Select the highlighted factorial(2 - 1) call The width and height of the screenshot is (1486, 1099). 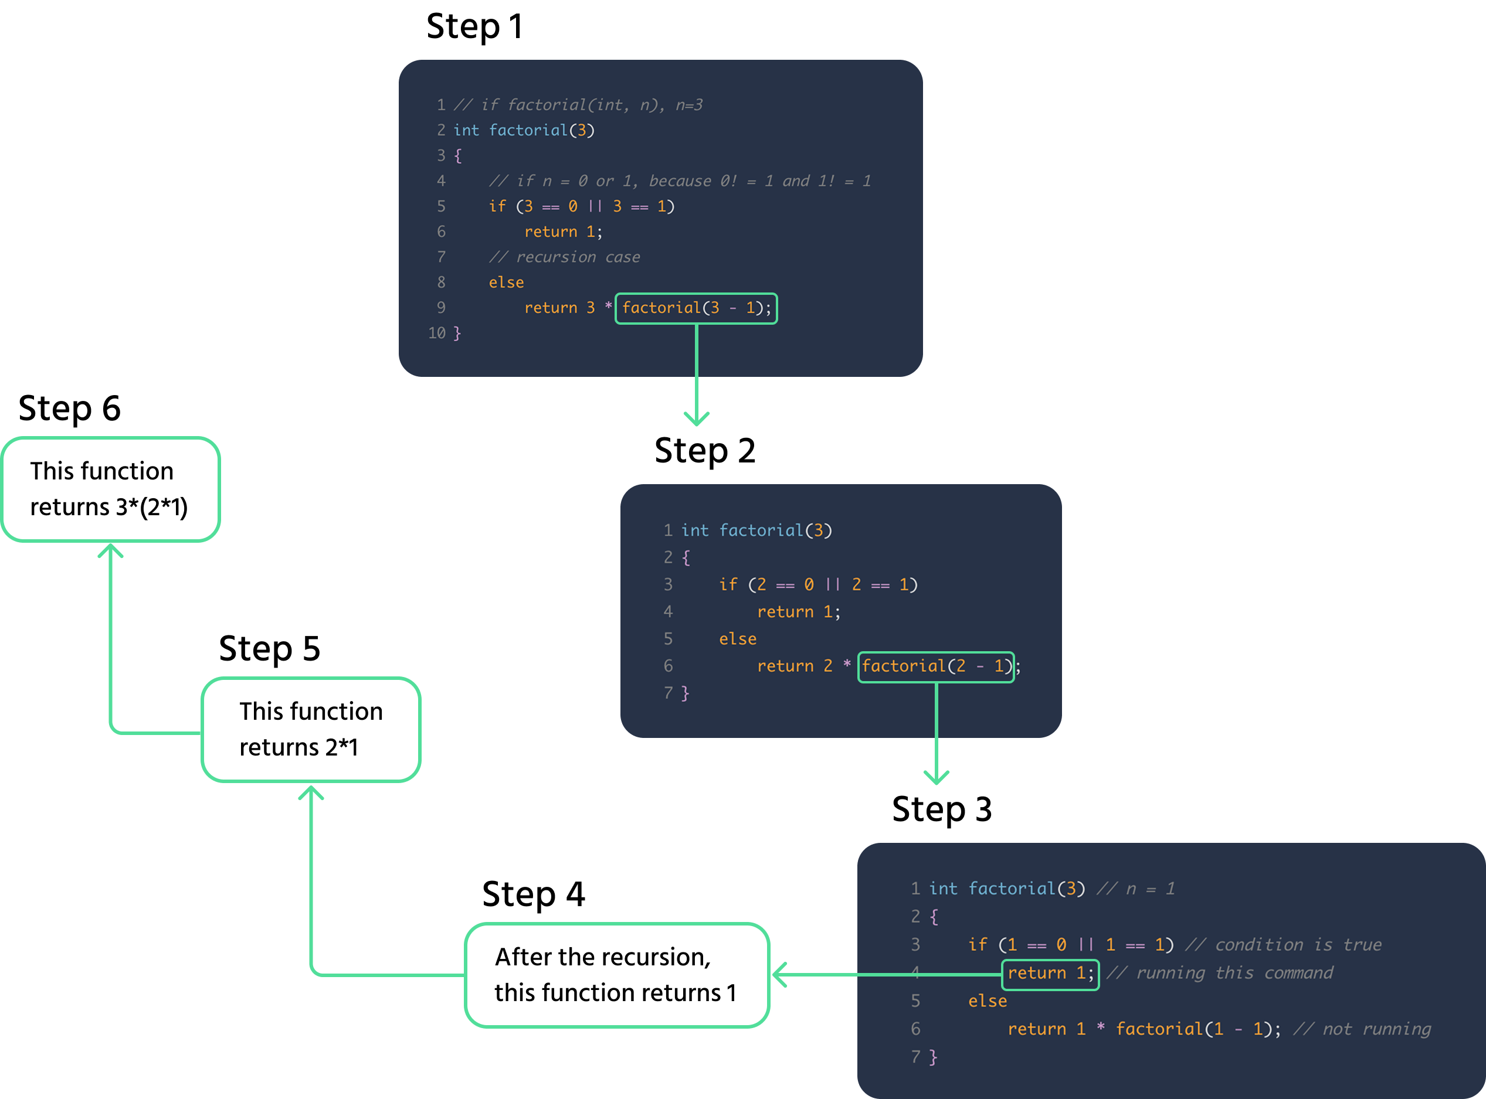tap(936, 666)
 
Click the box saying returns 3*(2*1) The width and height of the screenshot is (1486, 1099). tap(110, 489)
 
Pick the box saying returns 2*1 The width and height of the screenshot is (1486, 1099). tap(311, 730)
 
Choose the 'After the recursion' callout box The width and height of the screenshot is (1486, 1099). tap(616, 975)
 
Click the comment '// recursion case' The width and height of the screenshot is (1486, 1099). tap(564, 257)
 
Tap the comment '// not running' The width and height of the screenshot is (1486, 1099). tap(1362, 1030)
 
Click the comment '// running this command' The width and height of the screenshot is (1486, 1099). tap(1220, 973)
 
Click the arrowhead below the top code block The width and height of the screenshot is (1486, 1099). tap(697, 420)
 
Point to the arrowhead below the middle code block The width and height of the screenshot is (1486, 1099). tap(937, 778)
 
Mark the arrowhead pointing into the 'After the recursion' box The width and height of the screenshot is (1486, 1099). tap(780, 975)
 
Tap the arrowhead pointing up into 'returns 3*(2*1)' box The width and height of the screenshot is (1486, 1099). tap(110, 550)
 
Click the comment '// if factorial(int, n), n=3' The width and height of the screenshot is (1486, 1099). tap(578, 105)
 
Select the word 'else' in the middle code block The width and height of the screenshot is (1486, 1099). tap(737, 639)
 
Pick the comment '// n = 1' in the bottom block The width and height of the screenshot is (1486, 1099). tap(1135, 889)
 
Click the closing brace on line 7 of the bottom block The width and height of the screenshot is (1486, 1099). tap(933, 1057)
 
